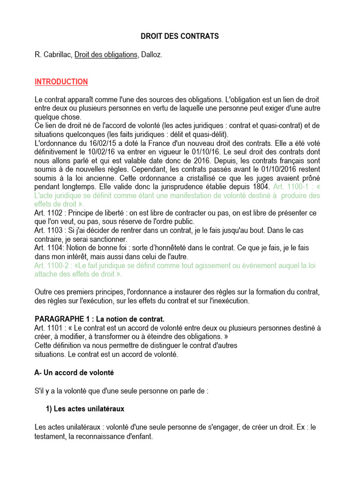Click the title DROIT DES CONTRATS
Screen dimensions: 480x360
click(180, 36)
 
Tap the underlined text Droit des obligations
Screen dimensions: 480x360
click(105, 55)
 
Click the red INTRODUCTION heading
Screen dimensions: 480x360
click(61, 82)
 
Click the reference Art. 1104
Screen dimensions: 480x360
click(49, 247)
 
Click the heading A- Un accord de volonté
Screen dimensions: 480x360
click(74, 373)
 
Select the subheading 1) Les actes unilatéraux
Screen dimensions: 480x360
click(85, 409)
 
